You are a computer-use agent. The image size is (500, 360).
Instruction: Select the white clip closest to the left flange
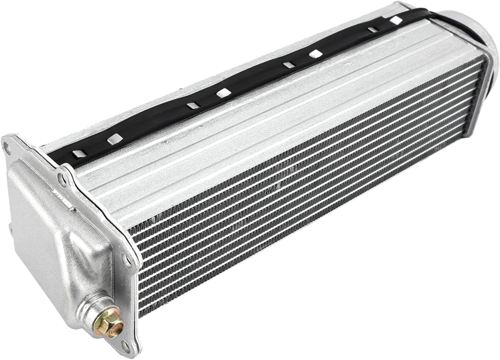[78, 154]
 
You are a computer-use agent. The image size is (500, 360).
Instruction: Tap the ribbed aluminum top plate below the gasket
[239, 130]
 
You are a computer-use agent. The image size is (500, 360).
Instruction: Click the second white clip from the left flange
[112, 140]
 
